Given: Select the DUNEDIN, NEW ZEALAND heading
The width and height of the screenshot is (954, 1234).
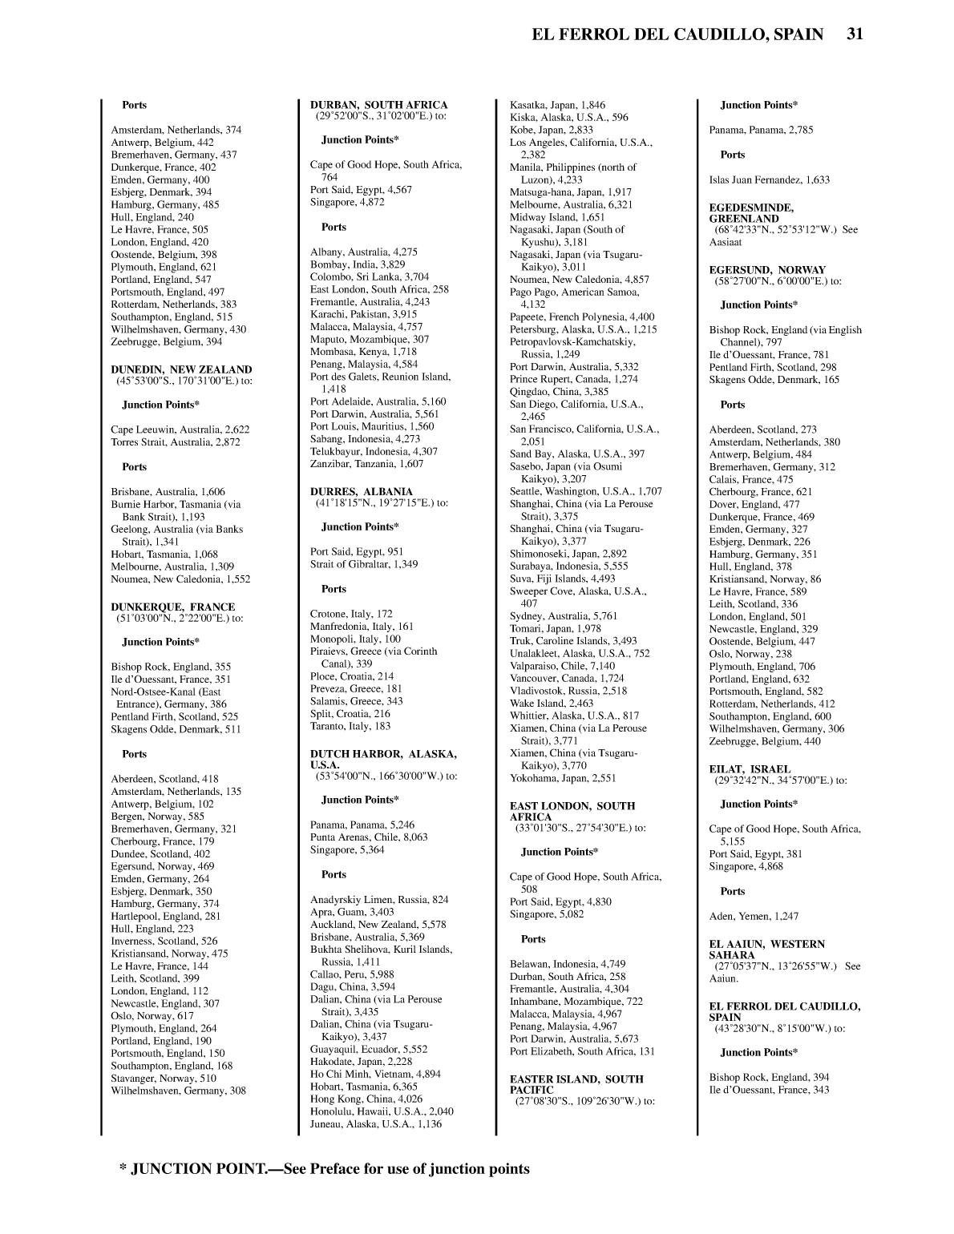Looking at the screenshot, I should pyautogui.click(x=181, y=369).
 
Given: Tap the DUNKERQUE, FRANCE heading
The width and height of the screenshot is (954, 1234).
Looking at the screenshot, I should pyautogui.click(x=172, y=607).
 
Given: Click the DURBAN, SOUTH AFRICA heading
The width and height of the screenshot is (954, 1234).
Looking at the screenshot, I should pyautogui.click(x=378, y=105).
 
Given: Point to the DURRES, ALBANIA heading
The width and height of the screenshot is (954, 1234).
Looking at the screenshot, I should pyautogui.click(x=362, y=491).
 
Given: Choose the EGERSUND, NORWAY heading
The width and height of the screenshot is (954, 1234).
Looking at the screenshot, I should pyautogui.click(x=767, y=270).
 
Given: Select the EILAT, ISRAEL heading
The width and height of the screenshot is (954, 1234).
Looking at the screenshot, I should pyautogui.click(x=750, y=768).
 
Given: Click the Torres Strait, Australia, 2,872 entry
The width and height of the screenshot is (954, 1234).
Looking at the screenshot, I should pyautogui.click(x=175, y=442).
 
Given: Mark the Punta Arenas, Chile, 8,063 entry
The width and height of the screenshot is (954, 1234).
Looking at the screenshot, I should pyautogui.click(x=369, y=837).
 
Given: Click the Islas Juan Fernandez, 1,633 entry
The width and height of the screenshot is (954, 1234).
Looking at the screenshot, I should pyautogui.click(x=769, y=180).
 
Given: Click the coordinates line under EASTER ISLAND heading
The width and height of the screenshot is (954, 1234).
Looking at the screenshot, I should pyautogui.click(x=584, y=1101).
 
